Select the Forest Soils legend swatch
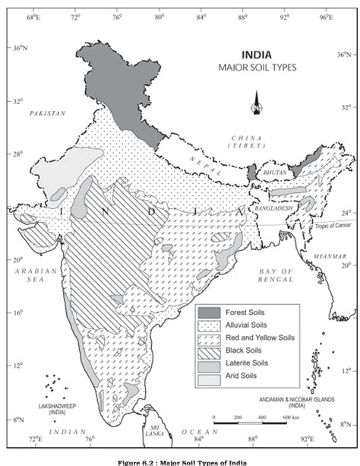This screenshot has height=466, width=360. pos(208,311)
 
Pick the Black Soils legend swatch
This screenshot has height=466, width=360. pos(208,350)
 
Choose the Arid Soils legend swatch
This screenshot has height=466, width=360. pos(208,376)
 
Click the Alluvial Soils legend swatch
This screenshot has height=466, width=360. pos(208,324)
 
